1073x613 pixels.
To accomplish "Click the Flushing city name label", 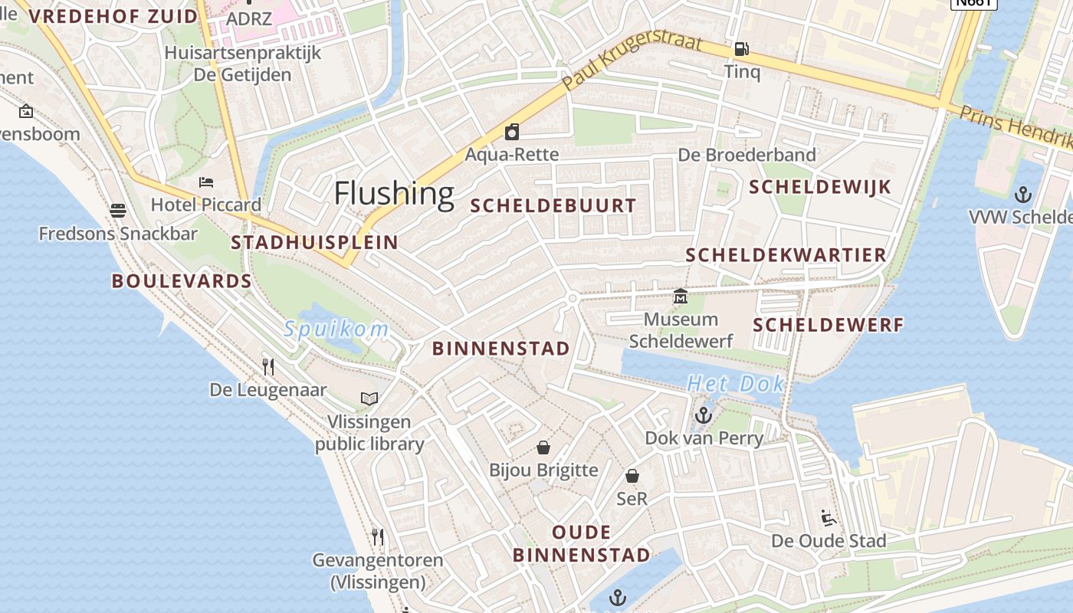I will click(x=394, y=193).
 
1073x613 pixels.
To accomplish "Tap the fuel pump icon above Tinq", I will click(x=741, y=49).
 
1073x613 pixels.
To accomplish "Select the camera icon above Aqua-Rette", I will click(x=511, y=133).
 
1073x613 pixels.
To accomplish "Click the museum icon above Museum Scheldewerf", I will click(x=680, y=297).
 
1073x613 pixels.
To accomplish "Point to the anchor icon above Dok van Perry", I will click(x=703, y=415).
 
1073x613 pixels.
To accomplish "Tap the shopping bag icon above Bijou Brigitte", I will click(x=543, y=447).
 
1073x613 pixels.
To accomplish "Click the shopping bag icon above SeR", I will click(x=632, y=476).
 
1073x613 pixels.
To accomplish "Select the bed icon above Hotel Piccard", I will click(x=205, y=182).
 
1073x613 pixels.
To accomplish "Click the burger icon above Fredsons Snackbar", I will click(x=117, y=210).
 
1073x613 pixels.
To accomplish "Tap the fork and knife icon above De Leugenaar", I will click(x=268, y=367).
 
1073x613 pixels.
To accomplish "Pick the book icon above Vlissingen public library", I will click(x=369, y=398).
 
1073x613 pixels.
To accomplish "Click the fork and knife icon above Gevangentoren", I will click(x=377, y=536).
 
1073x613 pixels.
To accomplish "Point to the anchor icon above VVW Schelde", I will click(x=1022, y=194).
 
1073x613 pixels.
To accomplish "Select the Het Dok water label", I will click(x=735, y=384).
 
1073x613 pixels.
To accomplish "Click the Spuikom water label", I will click(x=336, y=329).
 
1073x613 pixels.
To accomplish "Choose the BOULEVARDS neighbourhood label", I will click(x=182, y=281).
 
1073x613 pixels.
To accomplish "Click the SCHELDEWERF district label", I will click(x=828, y=325).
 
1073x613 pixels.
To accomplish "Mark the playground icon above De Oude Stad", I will click(x=828, y=518).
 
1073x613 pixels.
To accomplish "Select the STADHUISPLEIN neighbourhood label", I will click(x=314, y=243).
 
